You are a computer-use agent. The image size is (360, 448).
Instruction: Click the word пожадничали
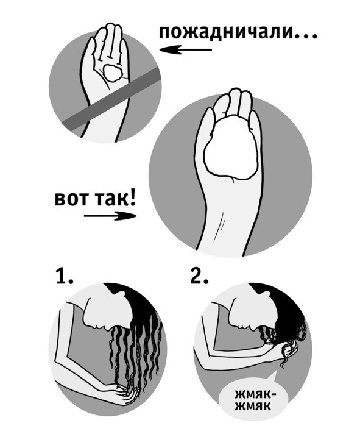coord(226,32)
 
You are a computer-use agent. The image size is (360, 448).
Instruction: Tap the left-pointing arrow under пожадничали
coord(186,50)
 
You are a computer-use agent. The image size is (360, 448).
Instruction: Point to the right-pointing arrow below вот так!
coord(110,216)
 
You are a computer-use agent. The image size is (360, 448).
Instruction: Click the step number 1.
coord(64,276)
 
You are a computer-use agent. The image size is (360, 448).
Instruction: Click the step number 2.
coord(199,276)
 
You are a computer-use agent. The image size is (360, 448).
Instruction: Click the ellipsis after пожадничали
coord(307,37)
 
